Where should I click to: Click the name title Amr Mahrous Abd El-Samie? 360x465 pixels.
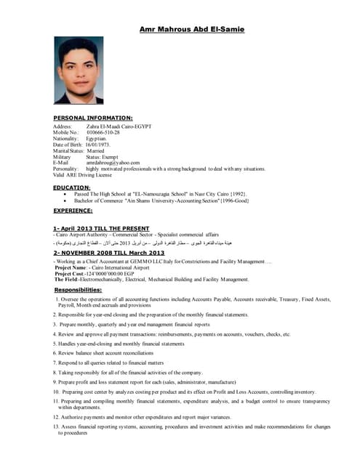tap(192, 29)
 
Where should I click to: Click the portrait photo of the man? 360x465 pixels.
tap(80, 70)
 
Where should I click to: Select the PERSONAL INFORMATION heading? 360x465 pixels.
tap(93, 117)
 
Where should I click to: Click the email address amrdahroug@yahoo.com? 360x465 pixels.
tap(113, 163)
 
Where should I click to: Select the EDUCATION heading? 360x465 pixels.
tap(72, 187)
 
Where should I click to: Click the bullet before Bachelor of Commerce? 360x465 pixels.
tap(66, 200)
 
